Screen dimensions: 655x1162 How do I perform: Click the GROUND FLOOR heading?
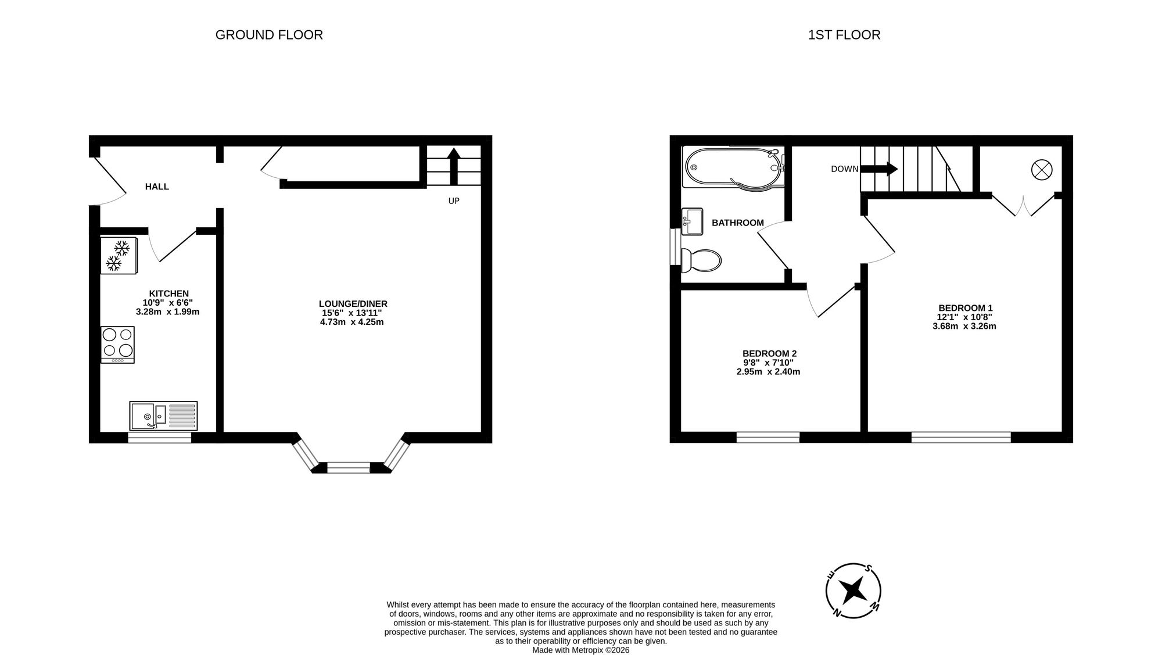(x=269, y=35)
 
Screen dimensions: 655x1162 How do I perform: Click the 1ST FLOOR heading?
(x=844, y=35)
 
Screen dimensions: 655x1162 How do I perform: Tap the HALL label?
(x=157, y=187)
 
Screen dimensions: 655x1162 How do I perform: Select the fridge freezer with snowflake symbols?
(x=119, y=255)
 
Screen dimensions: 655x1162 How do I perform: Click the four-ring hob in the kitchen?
(x=117, y=344)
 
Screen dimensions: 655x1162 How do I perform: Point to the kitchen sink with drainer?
(x=163, y=416)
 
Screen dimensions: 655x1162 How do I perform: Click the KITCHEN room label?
(x=168, y=294)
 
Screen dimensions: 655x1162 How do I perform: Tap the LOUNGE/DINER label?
(x=353, y=304)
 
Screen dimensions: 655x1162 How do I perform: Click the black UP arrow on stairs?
(x=454, y=165)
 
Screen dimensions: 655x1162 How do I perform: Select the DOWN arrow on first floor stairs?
(x=878, y=169)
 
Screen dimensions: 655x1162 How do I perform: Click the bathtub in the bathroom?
(x=733, y=167)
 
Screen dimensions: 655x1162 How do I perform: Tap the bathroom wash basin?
(x=692, y=221)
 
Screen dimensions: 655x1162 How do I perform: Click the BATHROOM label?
(x=737, y=223)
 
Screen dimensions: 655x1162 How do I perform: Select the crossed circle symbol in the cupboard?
(x=1041, y=170)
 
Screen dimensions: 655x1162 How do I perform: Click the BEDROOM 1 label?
(x=965, y=308)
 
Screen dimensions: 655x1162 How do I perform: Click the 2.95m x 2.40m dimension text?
(x=768, y=372)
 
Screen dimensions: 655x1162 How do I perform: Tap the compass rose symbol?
(x=853, y=590)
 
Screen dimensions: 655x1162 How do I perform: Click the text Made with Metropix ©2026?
(x=580, y=650)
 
